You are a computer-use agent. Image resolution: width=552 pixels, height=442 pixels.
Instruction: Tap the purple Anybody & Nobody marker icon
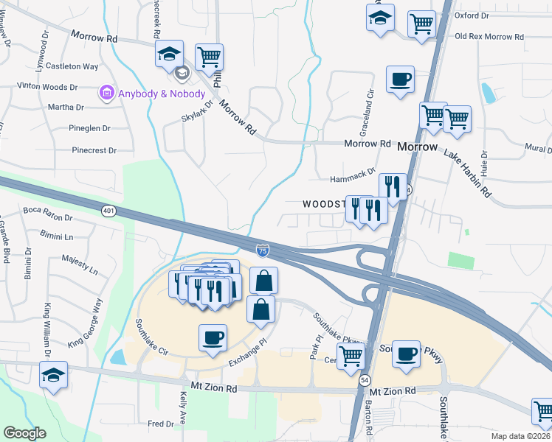point(107,94)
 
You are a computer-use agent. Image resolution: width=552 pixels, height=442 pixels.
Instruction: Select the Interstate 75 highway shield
point(263,251)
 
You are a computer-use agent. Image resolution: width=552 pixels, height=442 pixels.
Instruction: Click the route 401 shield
point(109,211)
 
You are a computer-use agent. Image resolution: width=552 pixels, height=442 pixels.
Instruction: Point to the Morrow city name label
point(418,147)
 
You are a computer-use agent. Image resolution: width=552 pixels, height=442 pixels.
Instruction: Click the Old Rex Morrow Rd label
point(489,36)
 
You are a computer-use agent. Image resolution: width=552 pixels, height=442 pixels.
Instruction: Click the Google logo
point(24,433)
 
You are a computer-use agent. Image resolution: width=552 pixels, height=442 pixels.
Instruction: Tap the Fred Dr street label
point(160,424)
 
